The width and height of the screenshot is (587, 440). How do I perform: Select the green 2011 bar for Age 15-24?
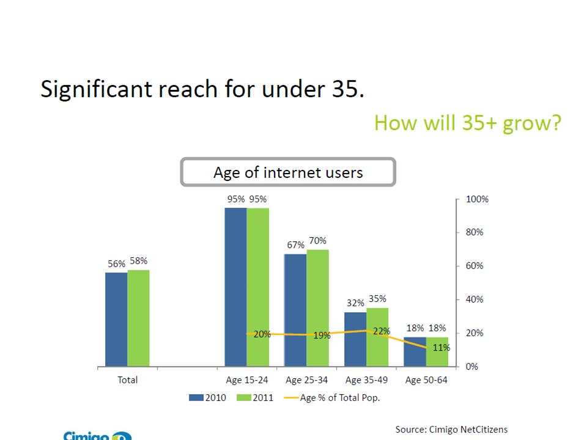tap(258, 287)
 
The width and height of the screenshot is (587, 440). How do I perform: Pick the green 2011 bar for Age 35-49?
tap(377, 337)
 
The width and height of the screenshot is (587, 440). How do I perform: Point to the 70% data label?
tap(318, 241)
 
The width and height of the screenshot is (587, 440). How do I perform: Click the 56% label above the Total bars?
tap(116, 263)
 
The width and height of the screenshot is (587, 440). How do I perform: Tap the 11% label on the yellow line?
tap(441, 348)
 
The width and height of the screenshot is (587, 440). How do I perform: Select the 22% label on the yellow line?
tap(382, 331)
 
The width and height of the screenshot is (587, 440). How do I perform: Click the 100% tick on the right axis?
tap(477, 199)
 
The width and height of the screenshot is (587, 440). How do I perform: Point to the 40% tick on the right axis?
tap(475, 299)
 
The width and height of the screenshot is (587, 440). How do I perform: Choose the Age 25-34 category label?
tap(306, 380)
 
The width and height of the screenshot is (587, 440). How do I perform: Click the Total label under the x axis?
tap(127, 380)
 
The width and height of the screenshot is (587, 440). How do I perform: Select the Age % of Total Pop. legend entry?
tap(340, 398)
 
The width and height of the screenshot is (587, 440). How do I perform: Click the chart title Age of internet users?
tap(288, 172)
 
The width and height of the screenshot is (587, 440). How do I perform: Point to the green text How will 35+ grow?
tap(467, 123)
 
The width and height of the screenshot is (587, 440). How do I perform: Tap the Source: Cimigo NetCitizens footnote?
tap(451, 430)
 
